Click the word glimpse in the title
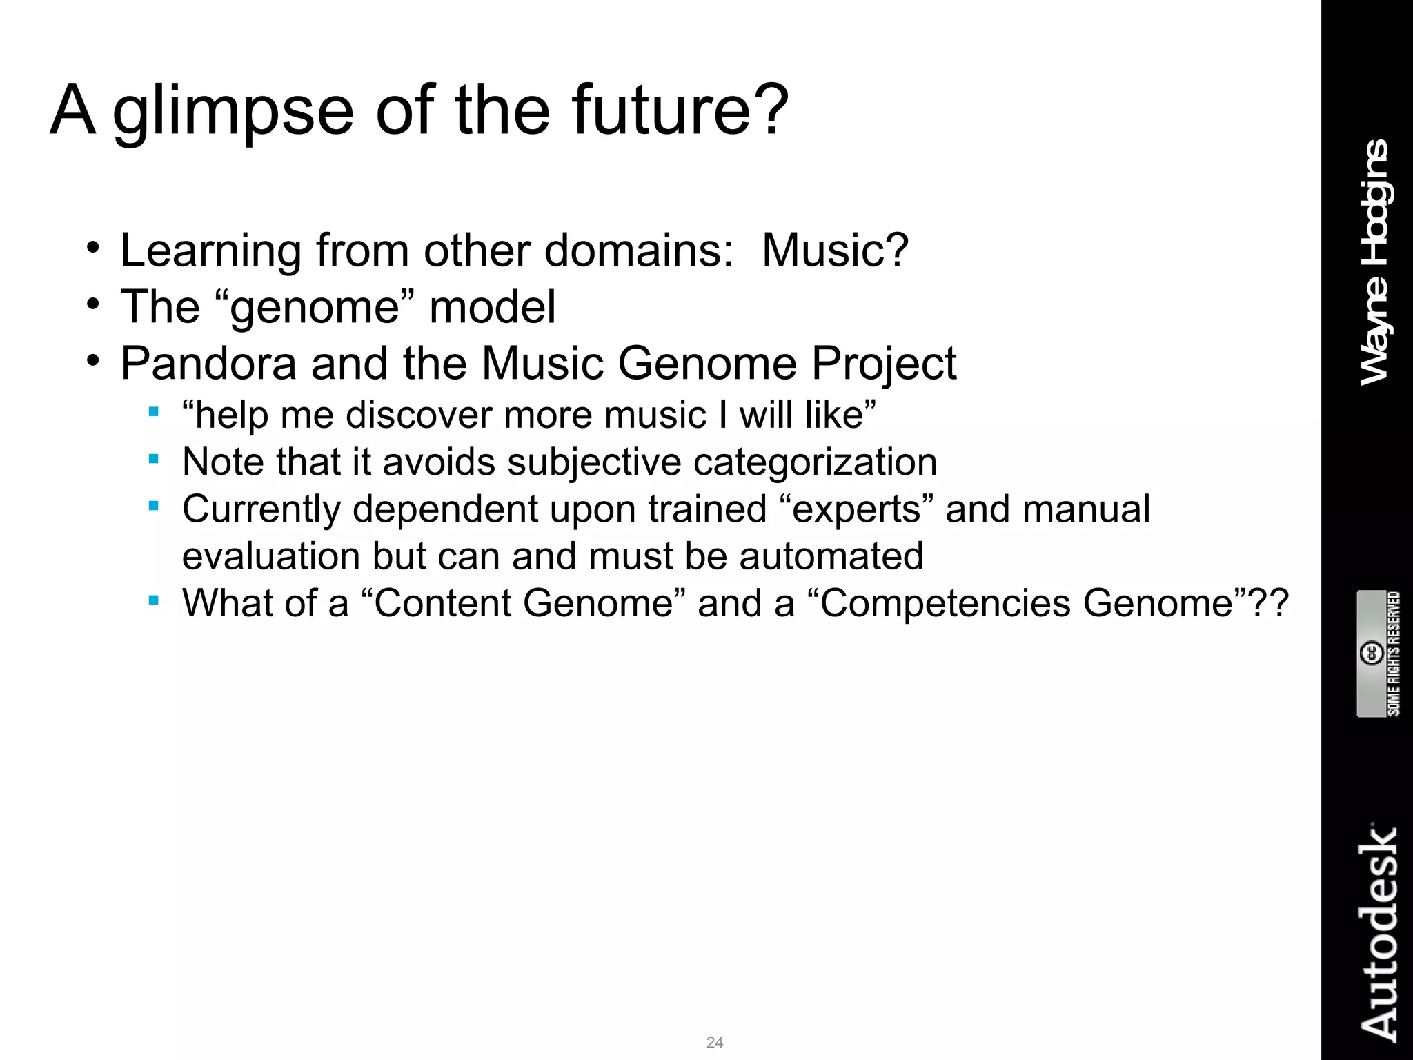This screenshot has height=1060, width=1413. tap(233, 110)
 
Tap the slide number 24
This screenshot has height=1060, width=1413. tap(715, 1042)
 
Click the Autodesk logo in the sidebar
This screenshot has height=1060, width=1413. tap(1379, 932)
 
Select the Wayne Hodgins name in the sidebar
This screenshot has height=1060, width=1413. tap(1376, 262)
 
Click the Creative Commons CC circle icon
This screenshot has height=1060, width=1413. tap(1371, 653)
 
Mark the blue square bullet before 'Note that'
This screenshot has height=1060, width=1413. tap(154, 459)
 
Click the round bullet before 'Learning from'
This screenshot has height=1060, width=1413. tap(93, 248)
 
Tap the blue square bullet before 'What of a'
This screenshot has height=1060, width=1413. tap(154, 600)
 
